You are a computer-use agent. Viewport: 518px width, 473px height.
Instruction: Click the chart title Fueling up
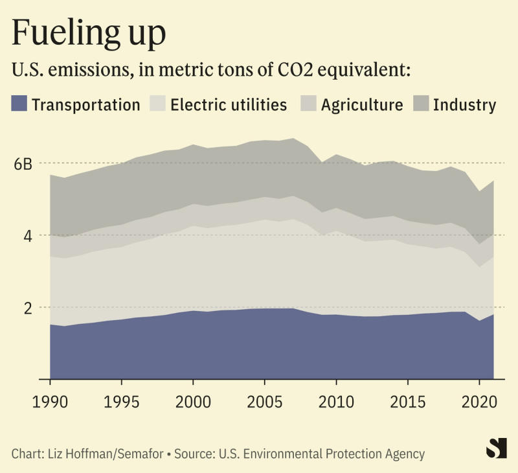tap(88, 34)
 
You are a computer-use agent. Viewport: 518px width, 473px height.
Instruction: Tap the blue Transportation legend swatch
tap(19, 104)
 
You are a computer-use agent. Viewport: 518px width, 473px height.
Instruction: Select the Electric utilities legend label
tap(229, 104)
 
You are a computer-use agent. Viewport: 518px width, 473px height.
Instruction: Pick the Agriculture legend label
tap(362, 104)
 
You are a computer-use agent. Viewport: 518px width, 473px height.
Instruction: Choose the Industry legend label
tap(464, 104)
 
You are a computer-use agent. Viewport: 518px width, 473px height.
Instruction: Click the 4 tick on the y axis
tap(27, 236)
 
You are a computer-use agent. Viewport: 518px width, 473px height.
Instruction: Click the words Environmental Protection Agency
tap(350, 454)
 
